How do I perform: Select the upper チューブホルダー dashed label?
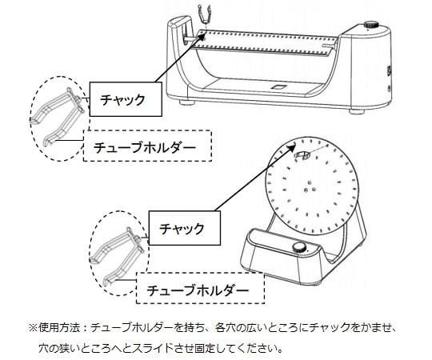[x=147, y=146]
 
